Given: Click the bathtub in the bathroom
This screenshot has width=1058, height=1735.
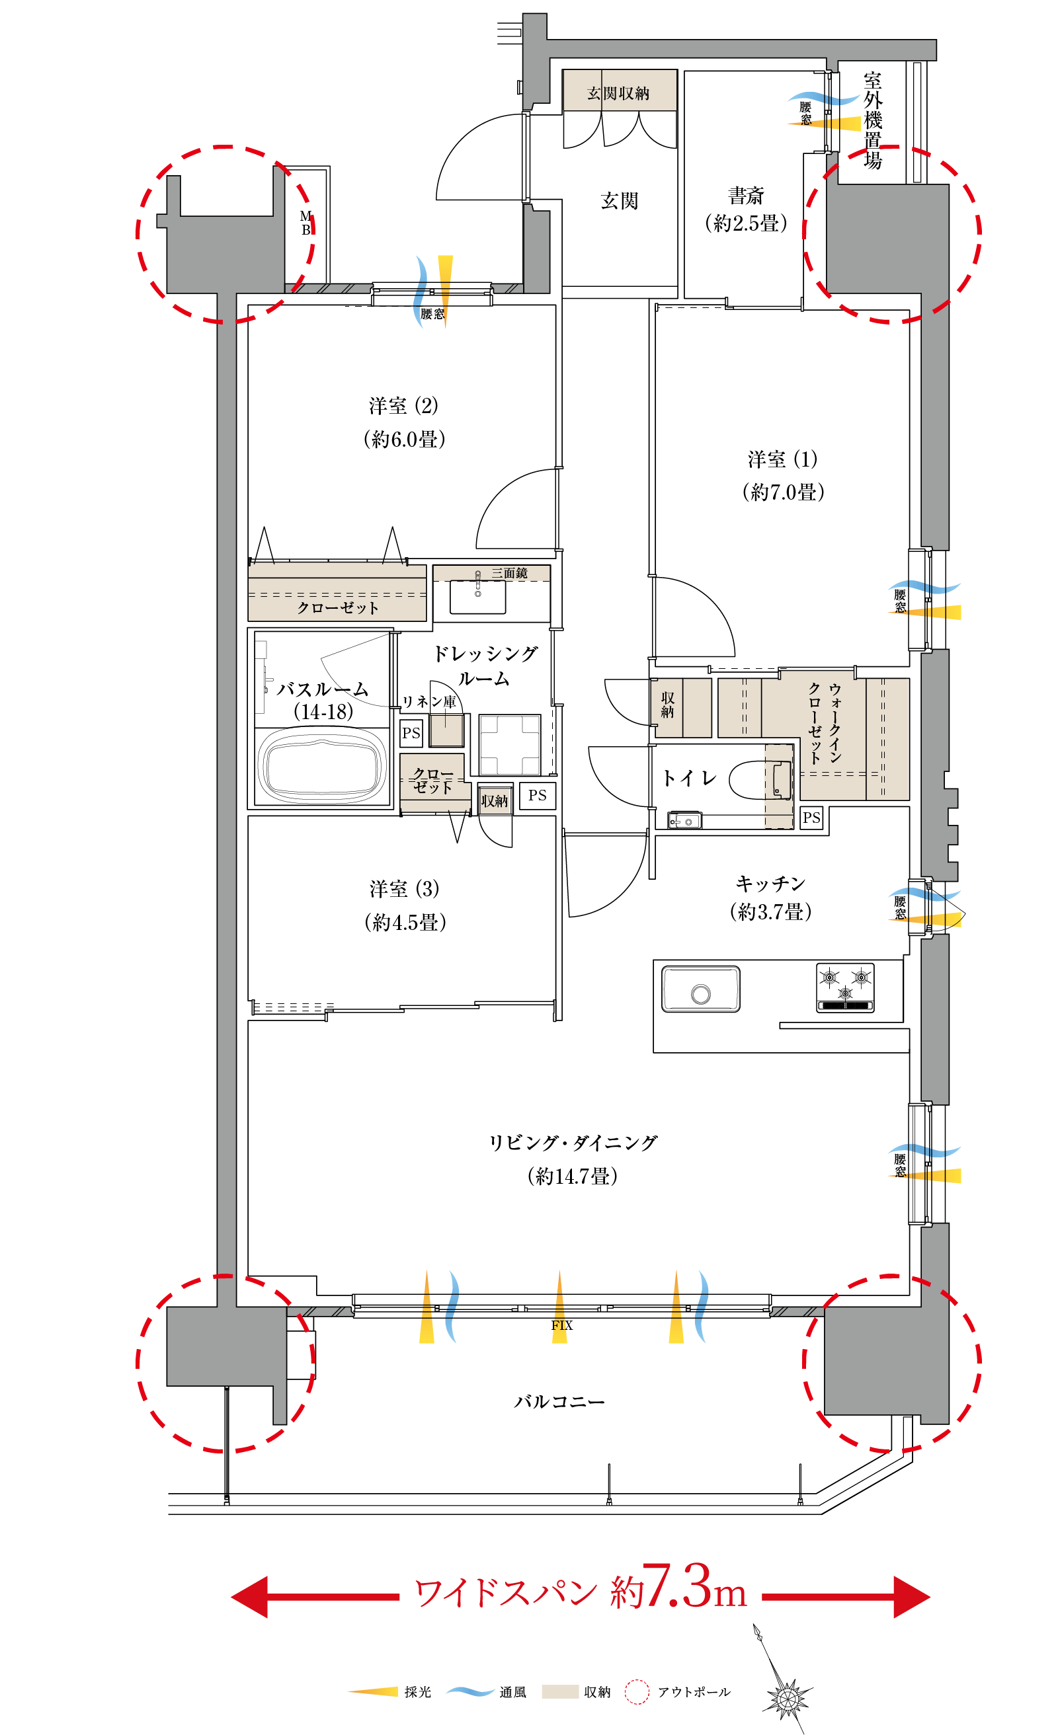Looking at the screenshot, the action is pos(323,767).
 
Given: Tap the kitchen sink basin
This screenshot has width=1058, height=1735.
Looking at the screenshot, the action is pos(700,989).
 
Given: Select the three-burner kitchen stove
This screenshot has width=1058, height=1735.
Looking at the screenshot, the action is pos(844,987).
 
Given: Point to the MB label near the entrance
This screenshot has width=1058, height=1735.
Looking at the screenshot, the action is pos(305,223).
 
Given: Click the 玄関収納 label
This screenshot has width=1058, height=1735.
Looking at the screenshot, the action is pos(618,93).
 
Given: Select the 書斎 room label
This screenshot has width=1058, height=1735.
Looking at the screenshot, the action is pos(746,195).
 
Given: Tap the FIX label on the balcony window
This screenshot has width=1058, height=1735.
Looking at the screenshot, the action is pos(561,1325).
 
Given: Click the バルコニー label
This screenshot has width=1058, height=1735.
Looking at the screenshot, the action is pos(559,1401).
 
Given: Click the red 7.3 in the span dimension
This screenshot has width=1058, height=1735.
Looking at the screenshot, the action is pos(676,1587).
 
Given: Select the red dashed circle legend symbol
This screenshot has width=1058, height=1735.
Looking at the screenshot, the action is pos(637,1691).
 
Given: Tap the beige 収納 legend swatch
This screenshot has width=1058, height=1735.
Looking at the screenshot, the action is pos(560,1691).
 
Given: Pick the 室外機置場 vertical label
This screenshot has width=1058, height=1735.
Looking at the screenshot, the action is pos(873,120).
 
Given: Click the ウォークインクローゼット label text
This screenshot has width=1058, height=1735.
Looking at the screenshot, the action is pos(825,722).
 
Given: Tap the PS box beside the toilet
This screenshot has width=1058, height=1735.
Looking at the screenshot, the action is pos(811,818).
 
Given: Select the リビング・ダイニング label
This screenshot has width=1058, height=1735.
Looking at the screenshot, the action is pos(573,1142).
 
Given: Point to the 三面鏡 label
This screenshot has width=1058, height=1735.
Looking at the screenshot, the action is pos(509,573).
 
